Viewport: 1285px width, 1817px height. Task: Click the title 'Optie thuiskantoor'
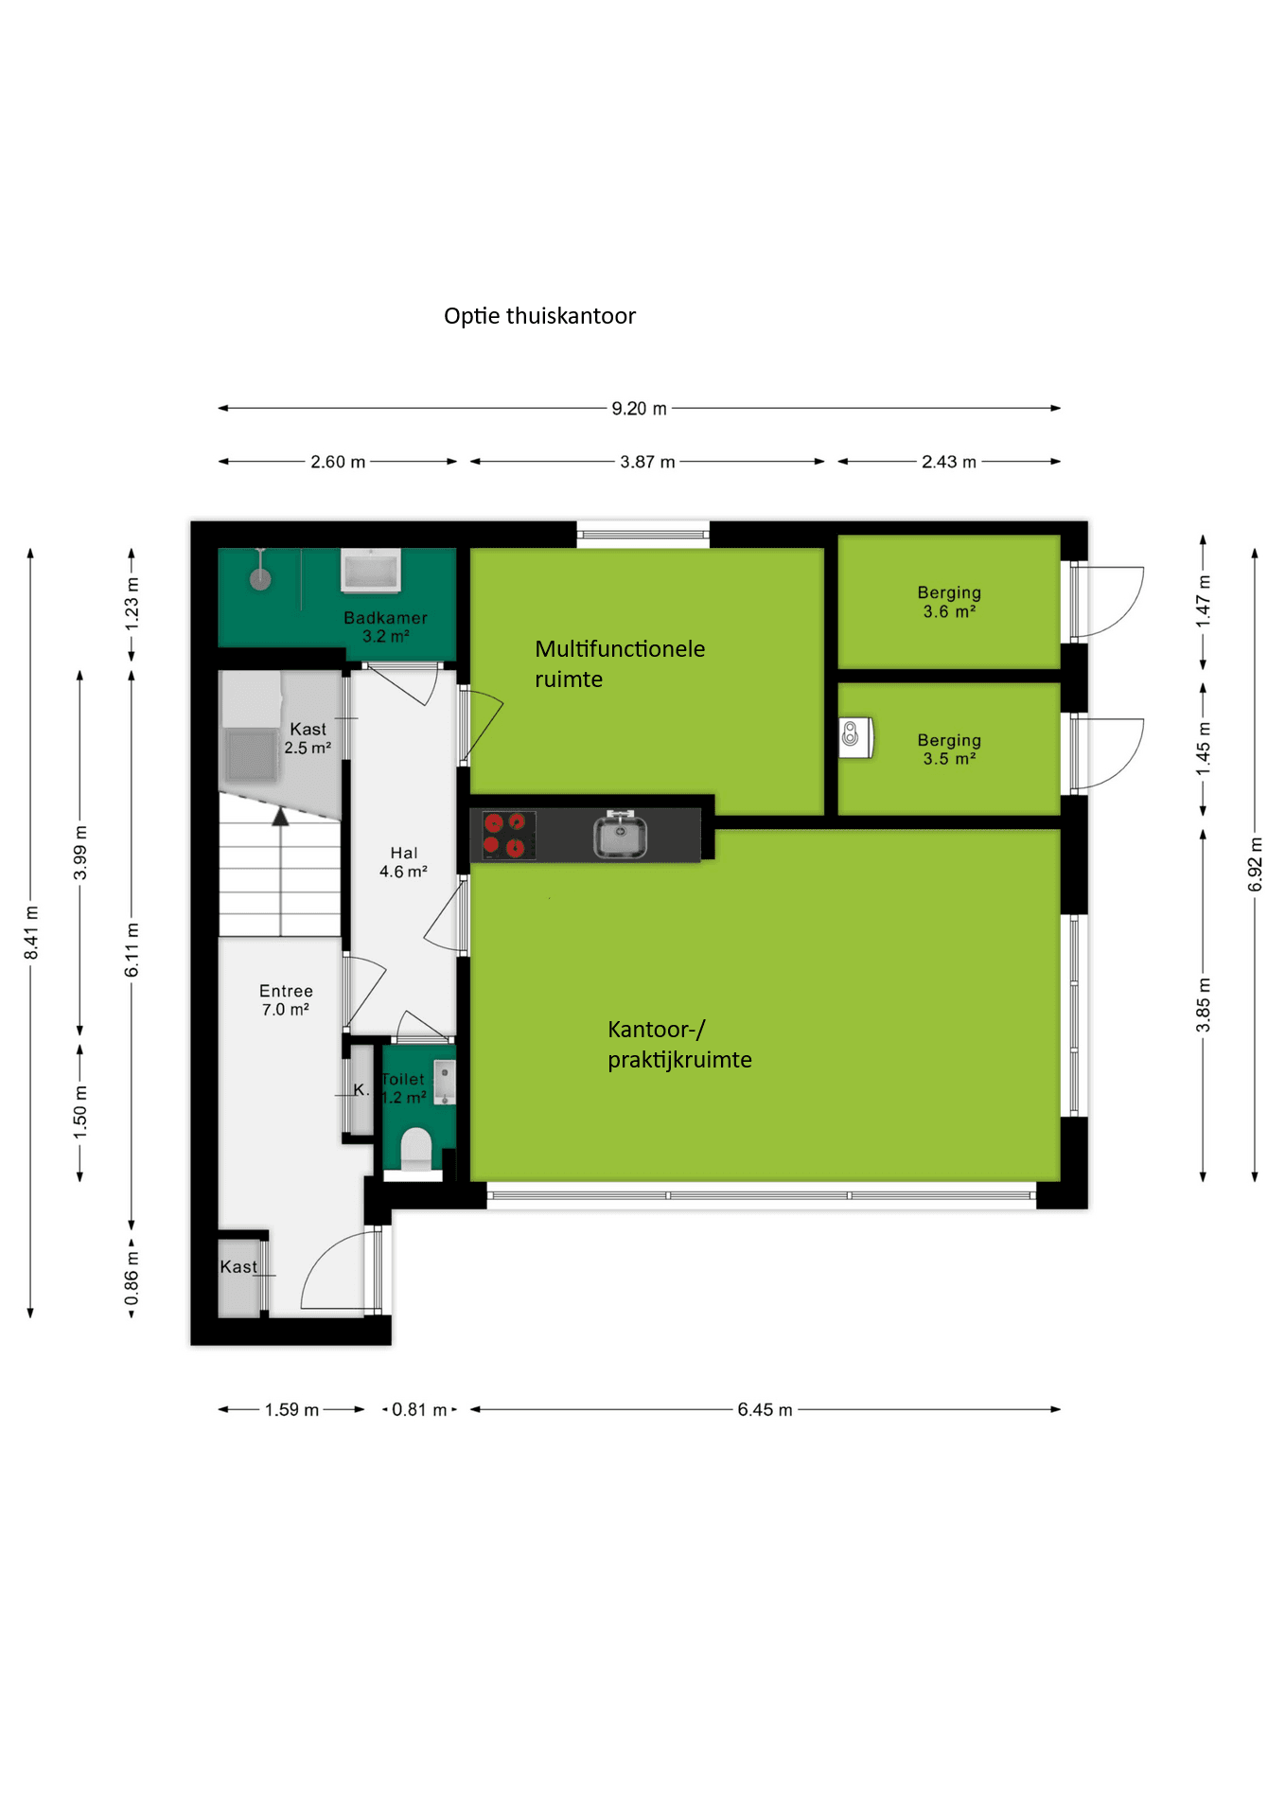tap(539, 316)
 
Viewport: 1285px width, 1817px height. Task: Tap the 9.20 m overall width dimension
tap(639, 409)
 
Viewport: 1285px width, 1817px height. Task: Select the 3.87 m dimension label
tap(647, 462)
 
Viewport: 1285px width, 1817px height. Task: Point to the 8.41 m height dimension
tap(31, 932)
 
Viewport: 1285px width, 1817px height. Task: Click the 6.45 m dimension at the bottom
tap(765, 1409)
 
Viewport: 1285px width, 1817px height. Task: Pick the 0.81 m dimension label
tap(419, 1410)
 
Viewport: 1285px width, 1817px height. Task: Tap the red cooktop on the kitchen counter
tap(504, 836)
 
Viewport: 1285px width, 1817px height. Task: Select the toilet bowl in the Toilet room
tap(415, 1148)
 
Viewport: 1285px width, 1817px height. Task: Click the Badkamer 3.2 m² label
tap(385, 626)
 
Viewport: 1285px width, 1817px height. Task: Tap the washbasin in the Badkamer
tap(371, 571)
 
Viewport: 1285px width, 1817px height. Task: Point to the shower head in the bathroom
tap(260, 578)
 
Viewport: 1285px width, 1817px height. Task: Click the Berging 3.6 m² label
tap(949, 602)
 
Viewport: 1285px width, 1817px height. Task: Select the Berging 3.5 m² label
tap(949, 750)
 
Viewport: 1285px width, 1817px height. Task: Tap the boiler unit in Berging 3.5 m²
tap(854, 736)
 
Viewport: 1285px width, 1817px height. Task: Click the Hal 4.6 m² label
tap(403, 862)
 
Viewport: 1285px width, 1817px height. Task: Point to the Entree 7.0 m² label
tap(286, 1000)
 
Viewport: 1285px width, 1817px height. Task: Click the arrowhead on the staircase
tap(280, 817)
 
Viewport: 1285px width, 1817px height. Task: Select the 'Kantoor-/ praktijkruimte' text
tap(679, 1045)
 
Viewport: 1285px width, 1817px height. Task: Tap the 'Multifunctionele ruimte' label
tap(620, 663)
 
